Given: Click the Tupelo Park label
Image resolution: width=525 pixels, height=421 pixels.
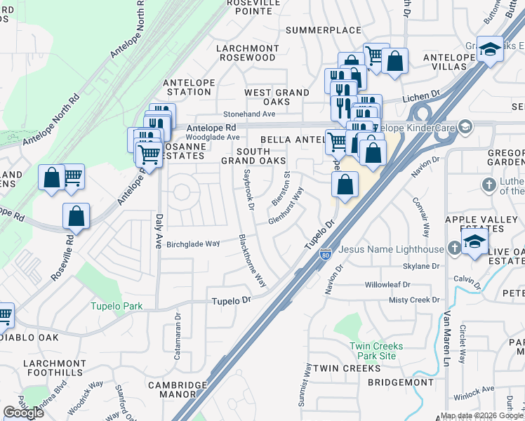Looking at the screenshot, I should point(117,306).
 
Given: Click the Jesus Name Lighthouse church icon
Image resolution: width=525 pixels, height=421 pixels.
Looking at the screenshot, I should point(455,248).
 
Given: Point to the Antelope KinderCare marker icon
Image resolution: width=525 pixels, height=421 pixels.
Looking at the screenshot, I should point(464,127).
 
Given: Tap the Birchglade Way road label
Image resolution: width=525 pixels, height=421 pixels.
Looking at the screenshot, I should point(193,243).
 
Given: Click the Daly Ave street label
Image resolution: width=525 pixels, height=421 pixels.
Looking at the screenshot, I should point(159,231).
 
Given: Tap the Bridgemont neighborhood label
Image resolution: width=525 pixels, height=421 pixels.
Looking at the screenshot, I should point(401,382).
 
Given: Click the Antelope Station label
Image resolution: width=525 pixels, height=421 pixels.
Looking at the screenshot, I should point(189,87).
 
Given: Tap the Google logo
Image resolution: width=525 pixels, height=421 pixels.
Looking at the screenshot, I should point(23,413).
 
